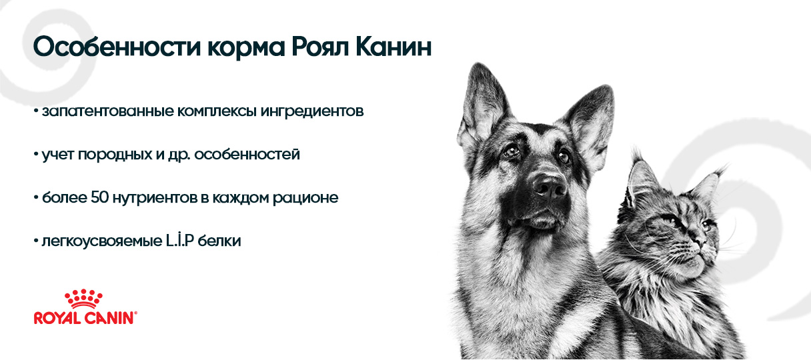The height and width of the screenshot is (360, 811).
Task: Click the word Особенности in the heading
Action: pyautogui.click(x=117, y=47)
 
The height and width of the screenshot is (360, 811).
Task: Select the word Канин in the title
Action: pyautogui.click(x=393, y=47)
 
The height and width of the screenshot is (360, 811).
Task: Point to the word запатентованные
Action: pyautogui.click(x=108, y=111)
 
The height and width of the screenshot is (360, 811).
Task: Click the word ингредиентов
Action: pyautogui.click(x=312, y=112)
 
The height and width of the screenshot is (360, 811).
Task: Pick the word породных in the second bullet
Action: pyautogui.click(x=115, y=155)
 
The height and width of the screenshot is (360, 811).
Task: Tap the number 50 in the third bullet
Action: pyautogui.click(x=99, y=197)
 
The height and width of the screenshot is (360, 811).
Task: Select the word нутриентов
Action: pyautogui.click(x=155, y=198)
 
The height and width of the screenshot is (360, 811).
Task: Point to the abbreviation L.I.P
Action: pyautogui.click(x=180, y=240)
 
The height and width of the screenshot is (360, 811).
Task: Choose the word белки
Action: pyautogui.click(x=219, y=240)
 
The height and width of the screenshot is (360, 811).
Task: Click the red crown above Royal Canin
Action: pyautogui.click(x=83, y=299)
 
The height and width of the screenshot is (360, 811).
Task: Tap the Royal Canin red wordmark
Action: pyautogui.click(x=85, y=318)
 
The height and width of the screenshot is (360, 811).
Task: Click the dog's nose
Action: pyautogui.click(x=550, y=185)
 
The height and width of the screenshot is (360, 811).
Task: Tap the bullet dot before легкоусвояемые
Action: pyautogui.click(x=36, y=241)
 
